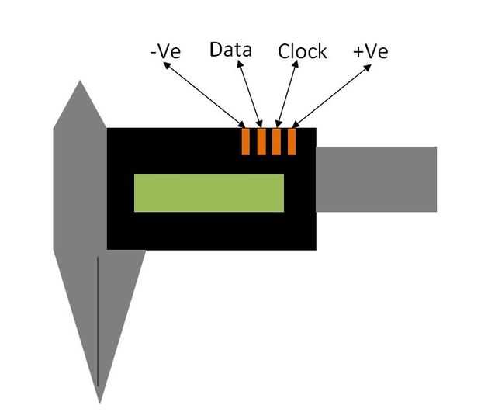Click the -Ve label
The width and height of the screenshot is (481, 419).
click(x=166, y=51)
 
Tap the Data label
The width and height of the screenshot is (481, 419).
click(x=230, y=50)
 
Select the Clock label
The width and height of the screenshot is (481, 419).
click(x=302, y=51)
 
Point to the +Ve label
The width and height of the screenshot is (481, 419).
click(x=371, y=51)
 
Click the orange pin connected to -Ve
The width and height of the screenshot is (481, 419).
click(x=246, y=142)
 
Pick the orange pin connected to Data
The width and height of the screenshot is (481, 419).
click(x=261, y=142)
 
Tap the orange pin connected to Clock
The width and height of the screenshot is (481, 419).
click(x=276, y=142)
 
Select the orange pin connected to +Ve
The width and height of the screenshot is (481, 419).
click(x=292, y=142)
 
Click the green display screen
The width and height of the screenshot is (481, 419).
click(x=209, y=193)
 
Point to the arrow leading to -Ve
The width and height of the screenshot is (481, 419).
click(x=204, y=95)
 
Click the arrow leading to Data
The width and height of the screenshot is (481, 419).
click(x=250, y=94)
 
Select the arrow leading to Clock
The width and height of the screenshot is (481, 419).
click(x=287, y=94)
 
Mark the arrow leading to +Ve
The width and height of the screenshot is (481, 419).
click(x=331, y=96)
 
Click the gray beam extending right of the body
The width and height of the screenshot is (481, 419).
click(x=376, y=179)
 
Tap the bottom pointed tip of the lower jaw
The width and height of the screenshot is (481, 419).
click(x=100, y=403)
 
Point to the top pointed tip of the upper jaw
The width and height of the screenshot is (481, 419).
click(x=80, y=81)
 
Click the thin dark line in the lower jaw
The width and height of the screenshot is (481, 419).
click(x=98, y=321)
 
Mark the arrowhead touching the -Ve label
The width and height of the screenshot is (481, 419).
click(x=167, y=65)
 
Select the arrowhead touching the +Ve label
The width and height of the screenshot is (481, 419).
click(x=368, y=68)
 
